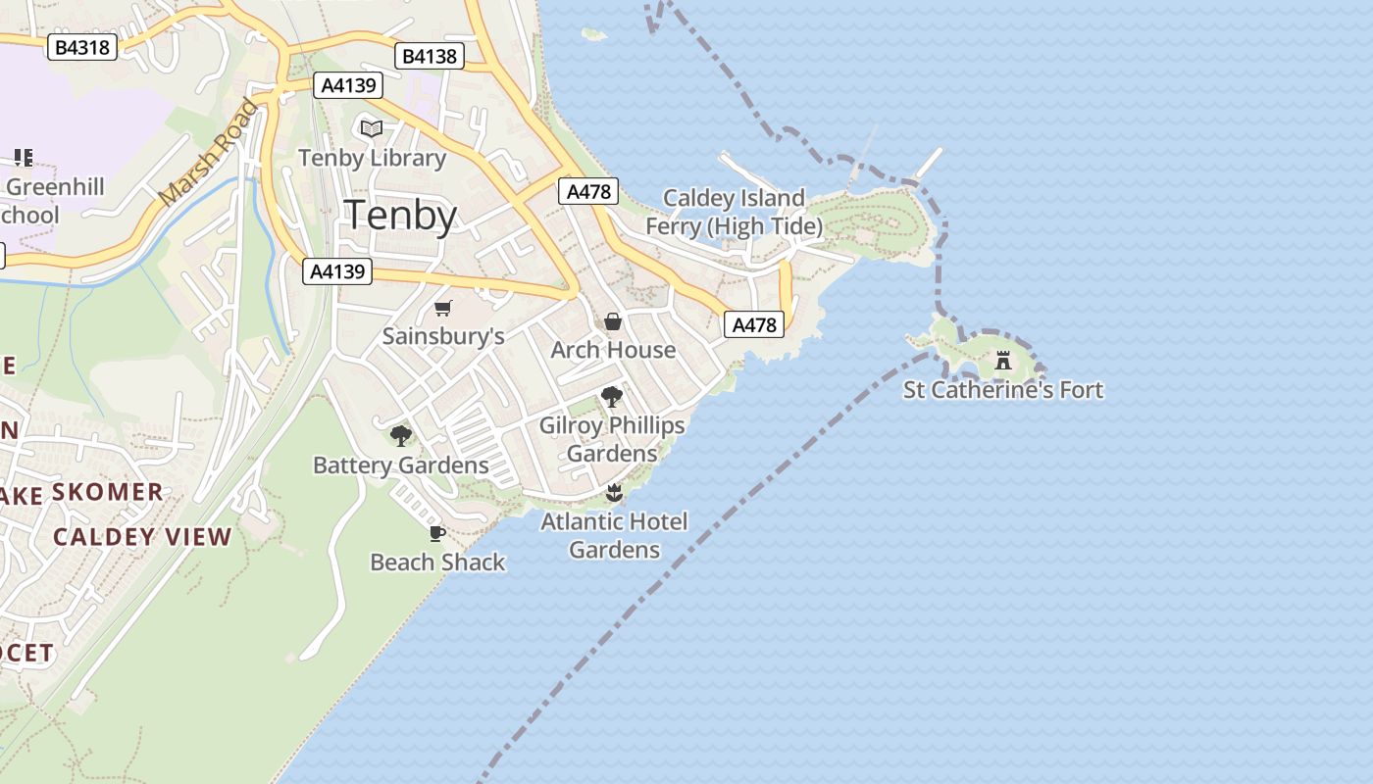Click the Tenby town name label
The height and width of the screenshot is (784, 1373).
click(401, 215)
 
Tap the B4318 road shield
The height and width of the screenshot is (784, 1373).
click(82, 46)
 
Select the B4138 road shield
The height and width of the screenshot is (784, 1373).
click(430, 56)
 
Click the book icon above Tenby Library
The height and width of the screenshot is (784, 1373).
click(371, 129)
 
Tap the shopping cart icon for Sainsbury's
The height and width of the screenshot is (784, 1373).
click(443, 309)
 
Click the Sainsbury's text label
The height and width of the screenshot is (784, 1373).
click(443, 336)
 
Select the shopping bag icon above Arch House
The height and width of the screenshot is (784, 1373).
click(613, 321)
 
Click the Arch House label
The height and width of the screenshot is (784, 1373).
click(613, 350)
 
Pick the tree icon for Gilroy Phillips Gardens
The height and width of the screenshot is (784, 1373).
click(612, 397)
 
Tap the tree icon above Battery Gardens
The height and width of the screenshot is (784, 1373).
click(400, 436)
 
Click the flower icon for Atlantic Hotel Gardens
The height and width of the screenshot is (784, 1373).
click(614, 492)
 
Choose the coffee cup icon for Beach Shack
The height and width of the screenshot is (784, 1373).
click(437, 533)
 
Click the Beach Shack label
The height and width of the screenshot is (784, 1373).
click(437, 563)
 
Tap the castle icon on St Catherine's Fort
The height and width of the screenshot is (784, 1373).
click(1002, 361)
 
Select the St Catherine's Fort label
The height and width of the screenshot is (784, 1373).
click(1002, 390)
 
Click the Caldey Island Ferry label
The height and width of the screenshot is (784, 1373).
click(734, 213)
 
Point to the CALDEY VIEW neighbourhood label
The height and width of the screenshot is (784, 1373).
click(142, 537)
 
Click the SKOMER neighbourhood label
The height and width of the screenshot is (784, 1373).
click(108, 492)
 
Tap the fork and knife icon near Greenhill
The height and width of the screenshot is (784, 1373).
click(24, 158)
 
